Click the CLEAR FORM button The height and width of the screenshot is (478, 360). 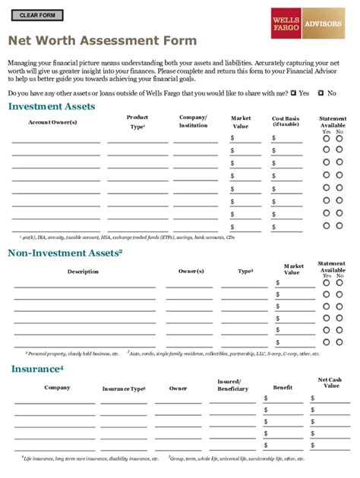[x=36, y=15]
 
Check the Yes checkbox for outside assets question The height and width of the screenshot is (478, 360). [x=294, y=93]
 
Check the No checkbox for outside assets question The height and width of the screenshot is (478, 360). [x=321, y=93]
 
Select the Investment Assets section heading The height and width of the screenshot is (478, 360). [x=52, y=107]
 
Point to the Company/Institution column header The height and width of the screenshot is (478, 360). [x=193, y=121]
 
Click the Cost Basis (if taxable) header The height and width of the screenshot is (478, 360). [x=286, y=121]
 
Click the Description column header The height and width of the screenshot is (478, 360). [x=83, y=271]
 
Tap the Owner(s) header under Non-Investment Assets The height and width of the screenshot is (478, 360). [x=191, y=271]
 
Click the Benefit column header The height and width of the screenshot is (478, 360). [x=283, y=388]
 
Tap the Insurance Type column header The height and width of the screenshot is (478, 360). [x=124, y=388]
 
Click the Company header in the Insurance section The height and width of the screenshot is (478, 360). [x=57, y=388]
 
